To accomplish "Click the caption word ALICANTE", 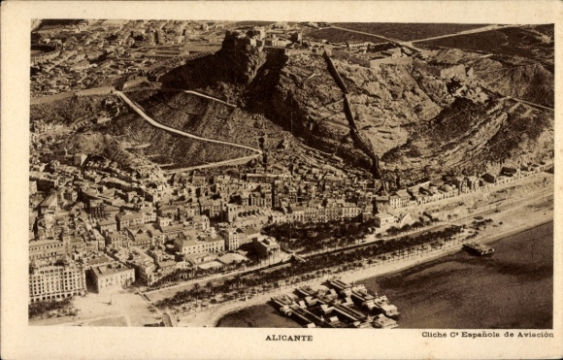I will point(288,338).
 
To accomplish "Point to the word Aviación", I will point(536,334).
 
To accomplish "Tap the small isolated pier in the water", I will point(478,249).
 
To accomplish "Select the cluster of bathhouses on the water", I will point(335,303).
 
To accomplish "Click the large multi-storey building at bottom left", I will point(55,280).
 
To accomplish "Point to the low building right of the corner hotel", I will point(112,277).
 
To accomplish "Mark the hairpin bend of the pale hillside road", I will point(119,95).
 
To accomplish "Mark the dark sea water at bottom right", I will point(485,291).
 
